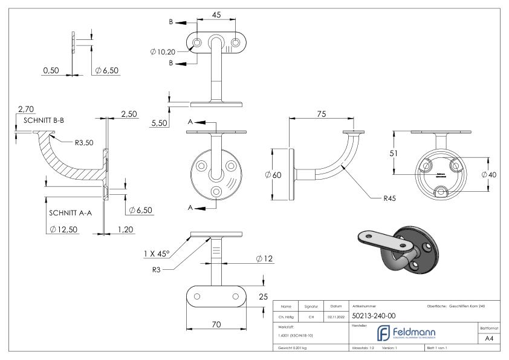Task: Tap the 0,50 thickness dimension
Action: (x=51, y=71)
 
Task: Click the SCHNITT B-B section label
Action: (x=44, y=120)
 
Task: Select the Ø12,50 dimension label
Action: (x=62, y=229)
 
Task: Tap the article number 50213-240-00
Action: (x=374, y=315)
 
